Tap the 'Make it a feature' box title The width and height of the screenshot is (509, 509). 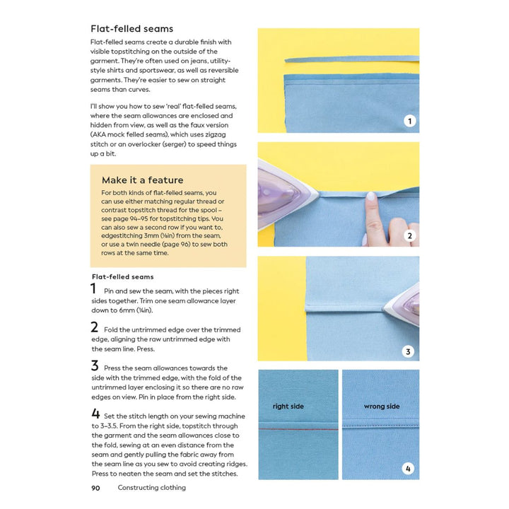[x=142, y=180]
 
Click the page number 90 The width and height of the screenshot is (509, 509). [x=95, y=487]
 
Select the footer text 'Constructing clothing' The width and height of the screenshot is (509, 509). [x=151, y=487]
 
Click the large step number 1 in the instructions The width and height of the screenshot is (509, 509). [x=93, y=288]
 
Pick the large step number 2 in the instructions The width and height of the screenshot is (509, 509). [x=94, y=327]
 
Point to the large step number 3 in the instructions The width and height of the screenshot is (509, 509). [x=94, y=365]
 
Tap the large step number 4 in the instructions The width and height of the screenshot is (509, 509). [x=94, y=414]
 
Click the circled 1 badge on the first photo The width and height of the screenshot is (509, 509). [x=408, y=122]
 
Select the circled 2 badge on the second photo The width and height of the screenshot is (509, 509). [x=408, y=236]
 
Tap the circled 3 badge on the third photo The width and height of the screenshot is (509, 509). [x=408, y=351]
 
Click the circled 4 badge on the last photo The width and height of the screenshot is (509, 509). [x=408, y=468]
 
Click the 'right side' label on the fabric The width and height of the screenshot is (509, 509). [x=288, y=406]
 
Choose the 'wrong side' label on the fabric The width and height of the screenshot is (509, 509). [x=381, y=406]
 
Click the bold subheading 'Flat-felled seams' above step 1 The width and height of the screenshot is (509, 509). [x=122, y=276]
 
